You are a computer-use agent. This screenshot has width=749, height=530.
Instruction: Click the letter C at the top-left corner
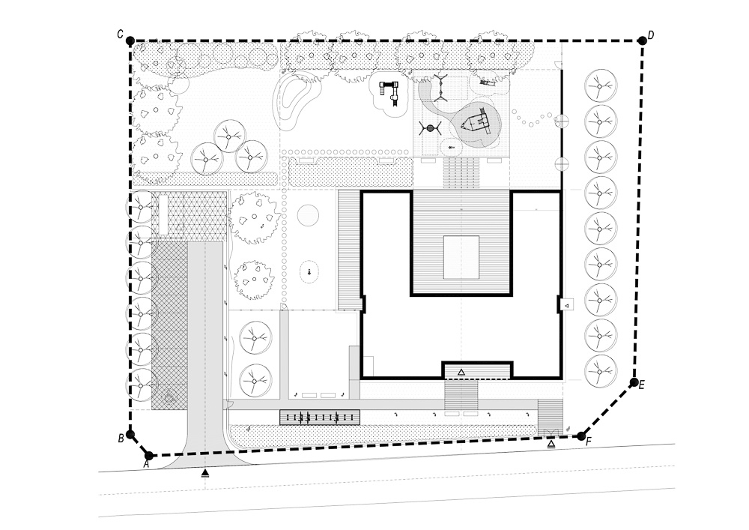[x=121, y=34]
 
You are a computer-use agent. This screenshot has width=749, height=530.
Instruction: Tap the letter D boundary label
[x=651, y=35]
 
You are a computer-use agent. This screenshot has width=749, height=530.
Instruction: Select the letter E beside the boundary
[x=642, y=385]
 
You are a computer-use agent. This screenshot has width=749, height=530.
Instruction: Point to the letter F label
[x=589, y=441]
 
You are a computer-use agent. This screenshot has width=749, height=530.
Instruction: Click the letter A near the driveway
[x=147, y=464]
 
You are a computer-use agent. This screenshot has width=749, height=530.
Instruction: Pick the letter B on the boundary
[x=121, y=438]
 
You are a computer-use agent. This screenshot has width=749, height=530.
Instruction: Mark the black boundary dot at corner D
[x=643, y=41]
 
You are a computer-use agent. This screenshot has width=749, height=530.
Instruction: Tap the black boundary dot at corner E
[x=634, y=382]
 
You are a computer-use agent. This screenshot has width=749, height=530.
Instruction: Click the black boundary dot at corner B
[x=130, y=435]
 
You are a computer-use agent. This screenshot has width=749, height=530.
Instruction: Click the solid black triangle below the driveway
[x=205, y=473]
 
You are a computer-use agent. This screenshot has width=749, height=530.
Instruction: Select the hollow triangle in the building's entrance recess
[x=461, y=372]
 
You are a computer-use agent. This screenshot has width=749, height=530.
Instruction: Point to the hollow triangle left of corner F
[x=551, y=445]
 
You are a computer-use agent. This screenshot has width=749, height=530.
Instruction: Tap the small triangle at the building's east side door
[x=566, y=304]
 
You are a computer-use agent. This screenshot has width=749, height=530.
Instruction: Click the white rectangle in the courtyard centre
[x=461, y=258]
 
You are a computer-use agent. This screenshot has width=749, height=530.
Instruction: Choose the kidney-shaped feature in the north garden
[x=293, y=100]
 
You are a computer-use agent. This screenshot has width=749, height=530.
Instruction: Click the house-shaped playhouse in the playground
[x=476, y=123]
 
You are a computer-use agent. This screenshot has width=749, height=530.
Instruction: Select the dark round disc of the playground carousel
[x=430, y=128]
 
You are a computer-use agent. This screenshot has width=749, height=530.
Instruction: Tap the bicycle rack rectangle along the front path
[x=320, y=418]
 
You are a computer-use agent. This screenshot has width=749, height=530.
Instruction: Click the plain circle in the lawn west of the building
[x=308, y=215]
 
